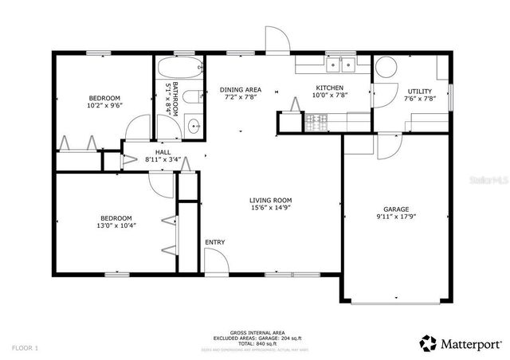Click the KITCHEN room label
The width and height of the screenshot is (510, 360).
click(x=329, y=88)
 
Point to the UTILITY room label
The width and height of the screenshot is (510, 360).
click(x=420, y=92)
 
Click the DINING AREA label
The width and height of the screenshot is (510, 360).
click(x=241, y=90)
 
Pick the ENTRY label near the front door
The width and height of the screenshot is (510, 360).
click(x=214, y=242)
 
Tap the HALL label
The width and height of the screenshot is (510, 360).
click(x=163, y=151)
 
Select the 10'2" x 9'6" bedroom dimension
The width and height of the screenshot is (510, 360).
click(x=104, y=105)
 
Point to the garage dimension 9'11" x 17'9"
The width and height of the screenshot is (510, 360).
click(x=396, y=216)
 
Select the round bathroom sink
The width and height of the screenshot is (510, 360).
click(x=194, y=124)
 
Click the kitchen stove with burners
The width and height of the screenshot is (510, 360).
click(x=316, y=122)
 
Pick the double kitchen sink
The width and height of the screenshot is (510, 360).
click(x=341, y=65)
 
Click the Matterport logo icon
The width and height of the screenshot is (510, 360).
click(x=429, y=343)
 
